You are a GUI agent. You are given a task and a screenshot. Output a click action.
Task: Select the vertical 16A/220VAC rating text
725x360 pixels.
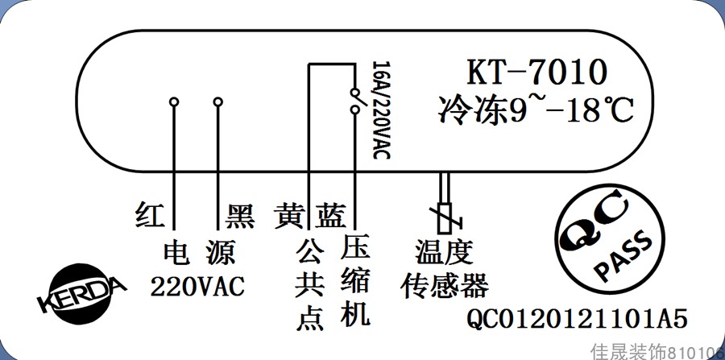[382, 109]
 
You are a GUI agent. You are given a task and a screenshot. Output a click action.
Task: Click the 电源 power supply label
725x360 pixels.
[198, 253]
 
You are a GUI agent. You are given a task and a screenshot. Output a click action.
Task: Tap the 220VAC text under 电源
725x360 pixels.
[197, 286]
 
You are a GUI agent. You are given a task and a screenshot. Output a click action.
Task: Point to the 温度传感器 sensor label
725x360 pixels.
[444, 269]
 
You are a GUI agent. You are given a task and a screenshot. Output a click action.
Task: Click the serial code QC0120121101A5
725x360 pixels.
[577, 320]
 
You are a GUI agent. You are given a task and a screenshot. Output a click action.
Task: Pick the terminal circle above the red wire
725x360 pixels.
[173, 102]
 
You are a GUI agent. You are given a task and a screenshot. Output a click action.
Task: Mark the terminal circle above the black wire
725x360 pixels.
[217, 102]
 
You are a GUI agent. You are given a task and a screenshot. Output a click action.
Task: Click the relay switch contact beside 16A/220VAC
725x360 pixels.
[354, 101]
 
